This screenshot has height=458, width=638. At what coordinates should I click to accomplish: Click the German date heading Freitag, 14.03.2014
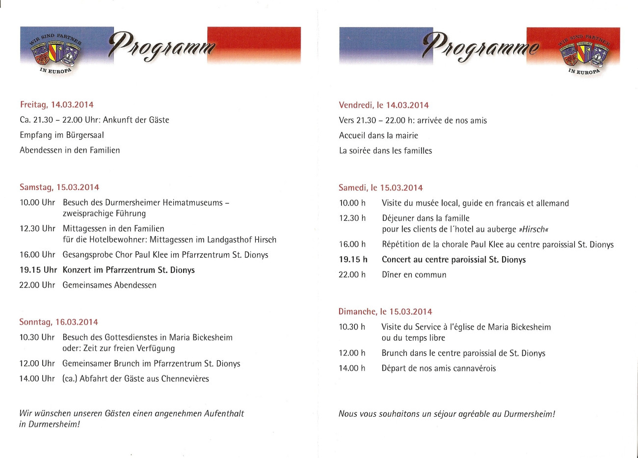coord(56,105)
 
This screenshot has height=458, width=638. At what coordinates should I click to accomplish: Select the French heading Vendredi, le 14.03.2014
coord(383,105)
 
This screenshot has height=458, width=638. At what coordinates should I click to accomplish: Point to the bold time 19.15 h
coord(353,260)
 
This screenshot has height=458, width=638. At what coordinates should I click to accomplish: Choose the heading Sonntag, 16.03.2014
coord(58,322)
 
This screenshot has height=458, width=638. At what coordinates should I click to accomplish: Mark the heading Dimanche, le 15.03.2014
coord(385,312)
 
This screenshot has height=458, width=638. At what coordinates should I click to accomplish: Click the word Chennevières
coord(185,378)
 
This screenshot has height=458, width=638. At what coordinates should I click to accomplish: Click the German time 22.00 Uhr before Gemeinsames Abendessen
coord(37,285)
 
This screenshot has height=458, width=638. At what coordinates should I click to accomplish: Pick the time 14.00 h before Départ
coord(352,368)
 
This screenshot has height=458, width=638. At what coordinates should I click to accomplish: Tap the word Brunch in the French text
coord(395,353)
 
